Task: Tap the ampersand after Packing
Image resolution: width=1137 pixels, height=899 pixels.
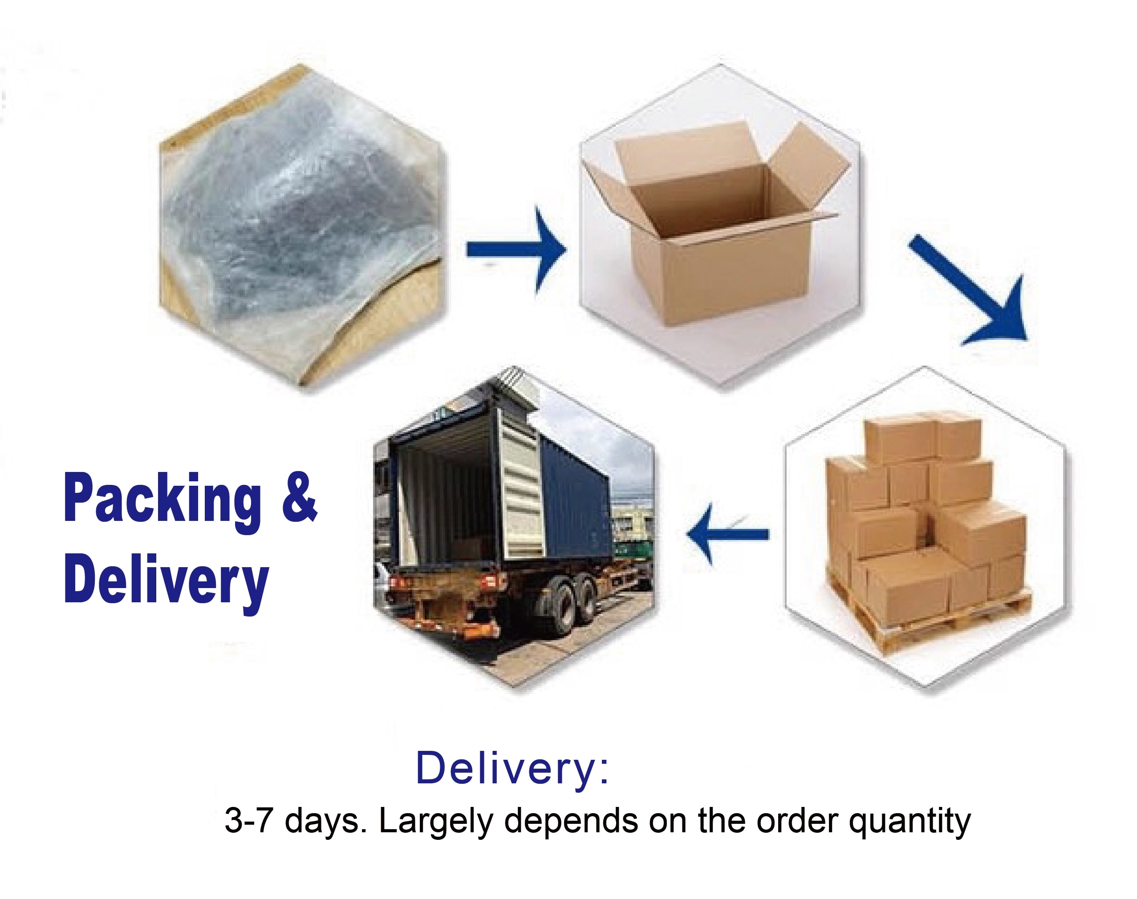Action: coord(299,496)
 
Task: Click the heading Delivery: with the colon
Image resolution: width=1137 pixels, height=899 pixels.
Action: coord(512,769)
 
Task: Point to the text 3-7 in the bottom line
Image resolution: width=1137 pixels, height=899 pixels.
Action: coord(248,821)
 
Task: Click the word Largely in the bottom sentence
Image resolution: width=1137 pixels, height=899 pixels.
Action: coord(435,821)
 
